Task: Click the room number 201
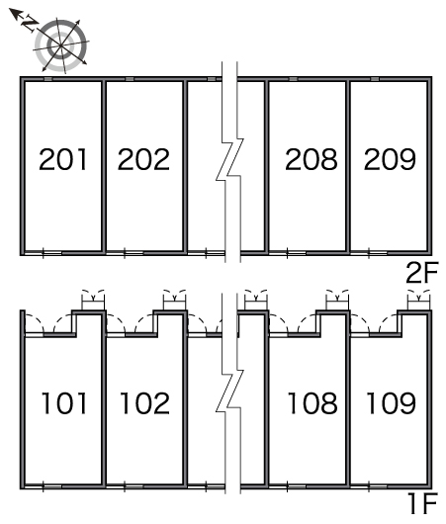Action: [x=63, y=159]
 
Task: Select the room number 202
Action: [x=143, y=159]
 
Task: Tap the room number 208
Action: [x=312, y=159]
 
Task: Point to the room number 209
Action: [x=390, y=159]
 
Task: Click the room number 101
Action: [x=64, y=403]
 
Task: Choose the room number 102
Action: [x=144, y=403]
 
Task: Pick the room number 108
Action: [x=312, y=403]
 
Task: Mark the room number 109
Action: [x=392, y=403]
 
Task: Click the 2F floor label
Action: [x=421, y=273]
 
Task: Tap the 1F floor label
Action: [x=422, y=503]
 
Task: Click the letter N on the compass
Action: [x=30, y=24]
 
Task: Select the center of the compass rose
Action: [x=61, y=45]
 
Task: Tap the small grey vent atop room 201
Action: [x=48, y=79]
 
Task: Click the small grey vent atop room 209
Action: [x=375, y=79]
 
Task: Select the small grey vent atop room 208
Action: [x=293, y=79]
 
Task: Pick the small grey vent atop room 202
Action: [x=130, y=79]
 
